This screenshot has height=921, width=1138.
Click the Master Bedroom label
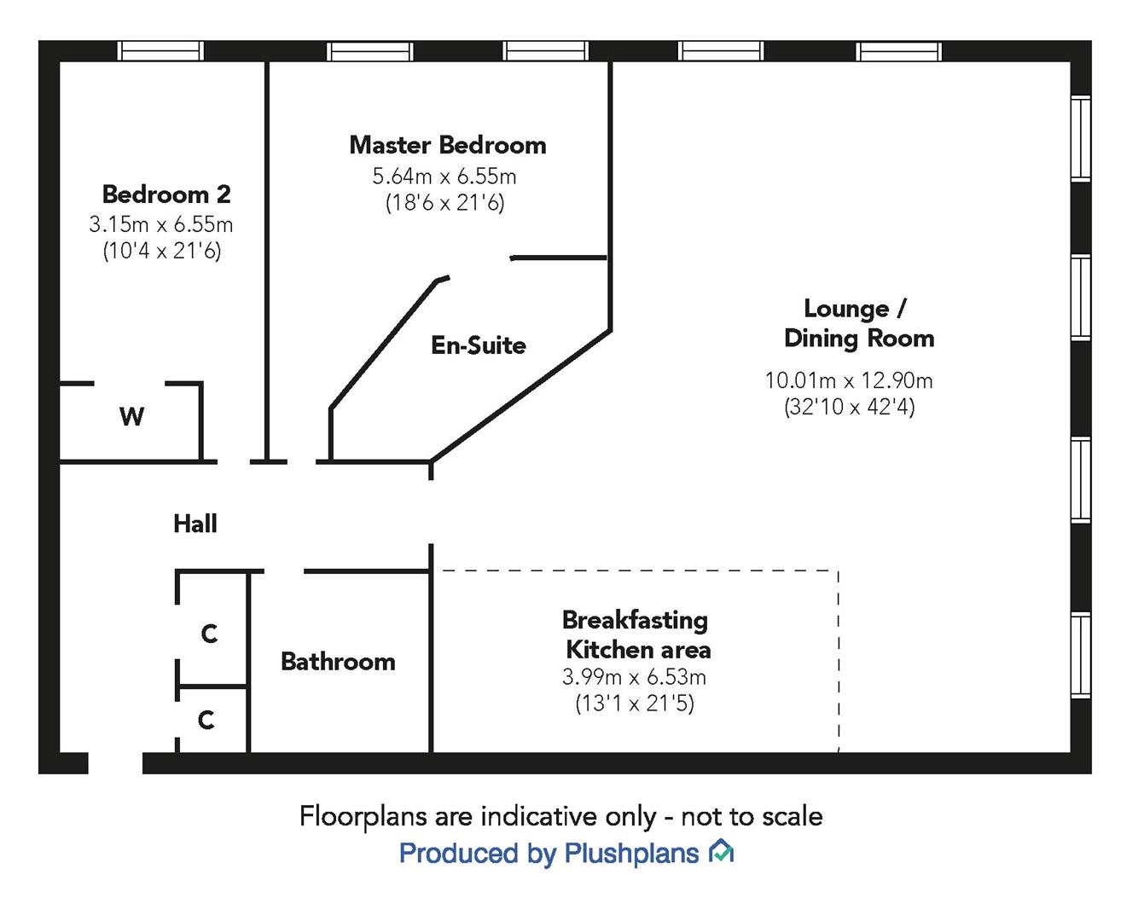coord(448,145)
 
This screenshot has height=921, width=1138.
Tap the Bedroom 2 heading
coord(166,194)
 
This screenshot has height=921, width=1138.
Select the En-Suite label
coord(479,345)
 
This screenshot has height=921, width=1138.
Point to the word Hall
coord(195,524)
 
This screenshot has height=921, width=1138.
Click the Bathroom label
coord(338,662)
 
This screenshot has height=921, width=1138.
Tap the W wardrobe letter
coord(131,417)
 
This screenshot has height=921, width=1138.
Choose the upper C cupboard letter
coord(209,634)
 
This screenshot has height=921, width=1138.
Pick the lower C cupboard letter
coord(206,721)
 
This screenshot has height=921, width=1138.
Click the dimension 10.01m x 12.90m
coord(849,380)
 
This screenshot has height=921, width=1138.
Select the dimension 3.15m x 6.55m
coord(161,224)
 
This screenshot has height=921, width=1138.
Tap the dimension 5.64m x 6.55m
coord(444,177)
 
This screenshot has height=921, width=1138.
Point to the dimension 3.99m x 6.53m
coord(634,677)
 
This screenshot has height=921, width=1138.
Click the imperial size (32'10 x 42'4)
coord(849,407)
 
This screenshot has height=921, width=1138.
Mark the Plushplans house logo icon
coord(722,851)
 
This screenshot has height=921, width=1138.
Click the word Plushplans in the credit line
coord(631,853)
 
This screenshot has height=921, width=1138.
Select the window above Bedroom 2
coord(160,51)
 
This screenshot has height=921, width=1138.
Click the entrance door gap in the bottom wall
coord(115,762)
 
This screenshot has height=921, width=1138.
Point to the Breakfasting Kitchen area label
coord(636,634)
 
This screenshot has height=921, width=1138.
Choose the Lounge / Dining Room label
coord(858,323)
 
